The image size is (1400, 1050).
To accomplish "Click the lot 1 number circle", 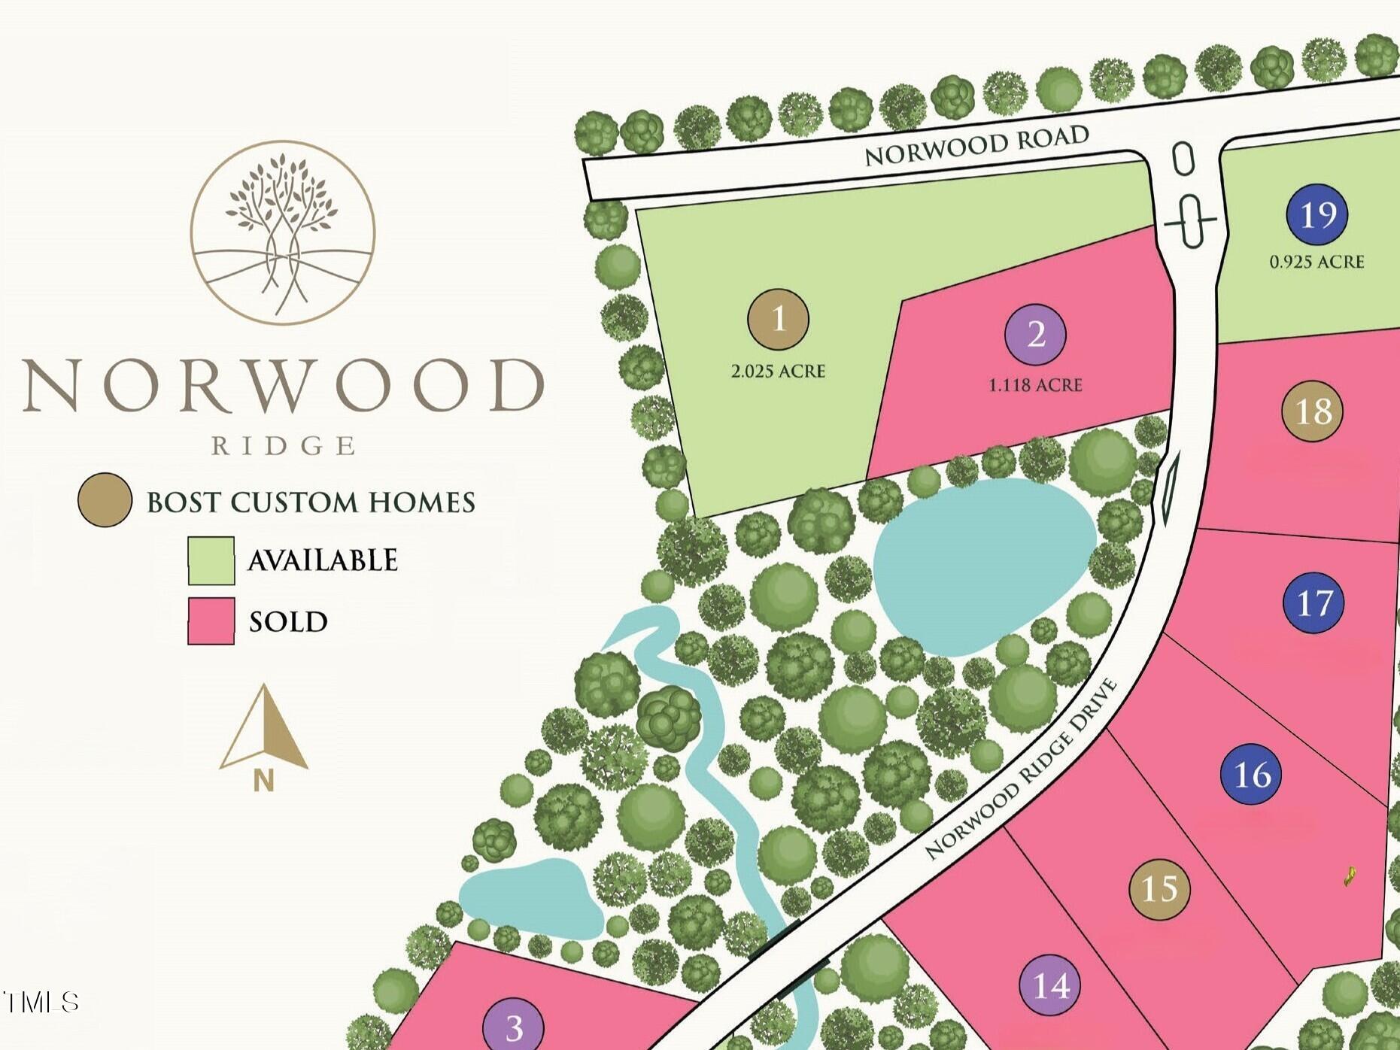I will (x=778, y=319).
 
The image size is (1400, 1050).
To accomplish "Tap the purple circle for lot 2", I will (x=1035, y=335).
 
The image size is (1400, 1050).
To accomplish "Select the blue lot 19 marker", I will (x=1316, y=214).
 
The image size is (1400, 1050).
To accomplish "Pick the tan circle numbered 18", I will (x=1312, y=411).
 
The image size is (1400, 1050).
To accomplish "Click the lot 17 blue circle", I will (x=1313, y=602).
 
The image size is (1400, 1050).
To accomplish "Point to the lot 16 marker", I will (x=1252, y=774).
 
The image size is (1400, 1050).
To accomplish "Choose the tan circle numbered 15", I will (x=1159, y=889).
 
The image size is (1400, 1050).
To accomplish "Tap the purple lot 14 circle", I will (x=1050, y=985).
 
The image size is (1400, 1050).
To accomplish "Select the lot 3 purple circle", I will (x=513, y=1026).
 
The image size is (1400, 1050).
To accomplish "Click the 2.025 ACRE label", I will (x=778, y=371).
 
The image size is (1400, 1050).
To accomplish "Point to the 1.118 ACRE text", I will (x=1035, y=385).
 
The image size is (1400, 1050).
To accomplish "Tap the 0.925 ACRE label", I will (x=1316, y=262).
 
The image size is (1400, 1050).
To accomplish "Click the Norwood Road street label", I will (x=976, y=145).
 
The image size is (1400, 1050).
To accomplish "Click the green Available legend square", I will (x=211, y=560).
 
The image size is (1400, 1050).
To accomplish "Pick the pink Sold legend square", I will (x=211, y=621).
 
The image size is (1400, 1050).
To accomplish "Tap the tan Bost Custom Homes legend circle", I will (x=105, y=500).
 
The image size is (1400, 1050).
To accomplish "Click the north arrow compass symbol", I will (x=263, y=733).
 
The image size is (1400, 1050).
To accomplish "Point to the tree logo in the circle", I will (x=282, y=232).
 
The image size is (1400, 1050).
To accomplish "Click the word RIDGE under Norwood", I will (x=283, y=446).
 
